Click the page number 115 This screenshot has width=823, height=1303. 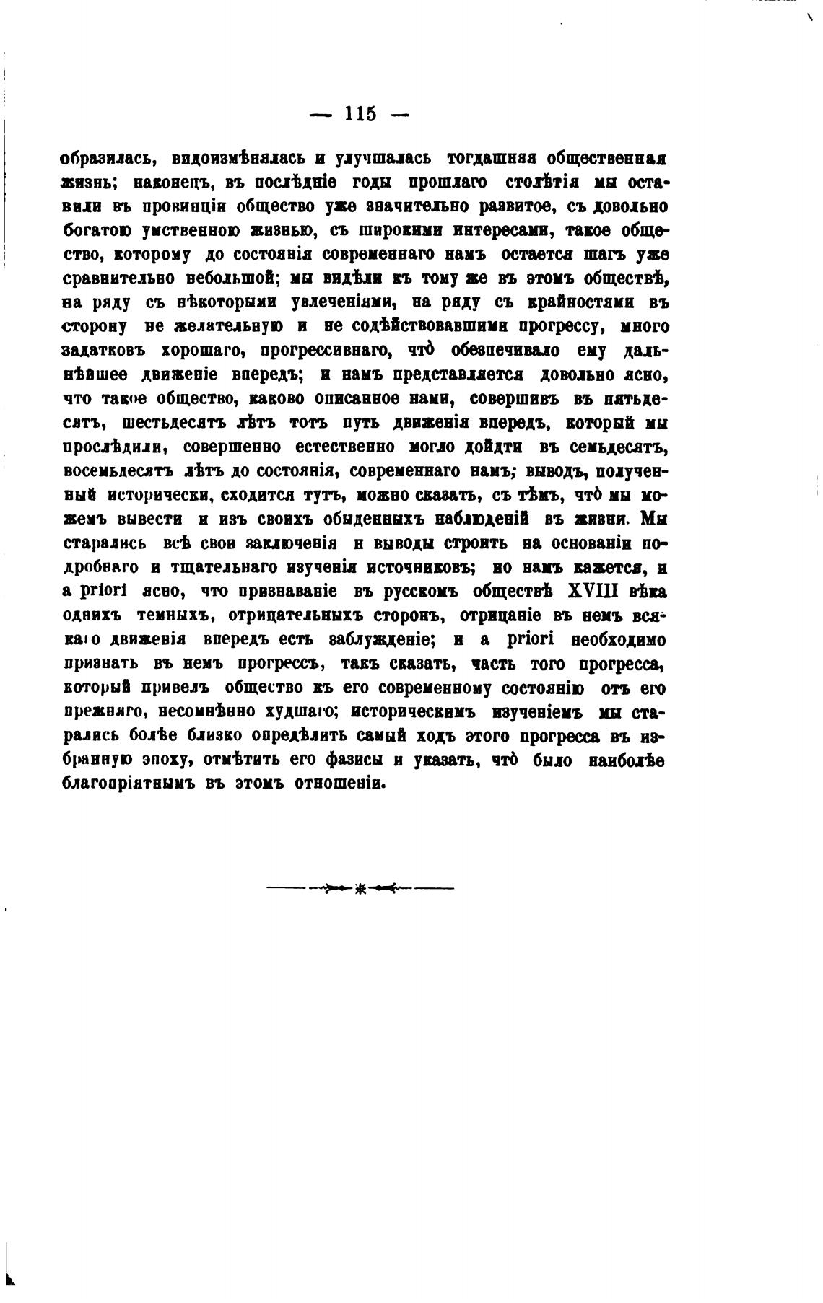tap(360, 114)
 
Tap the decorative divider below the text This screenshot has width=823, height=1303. tap(360, 888)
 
